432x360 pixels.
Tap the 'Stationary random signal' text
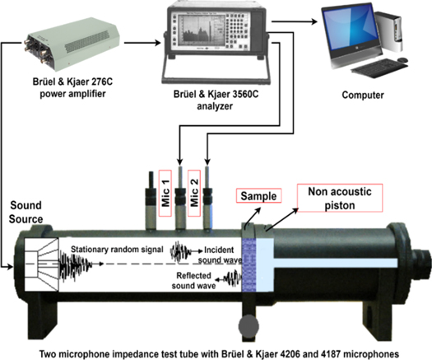tap(117, 250)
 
